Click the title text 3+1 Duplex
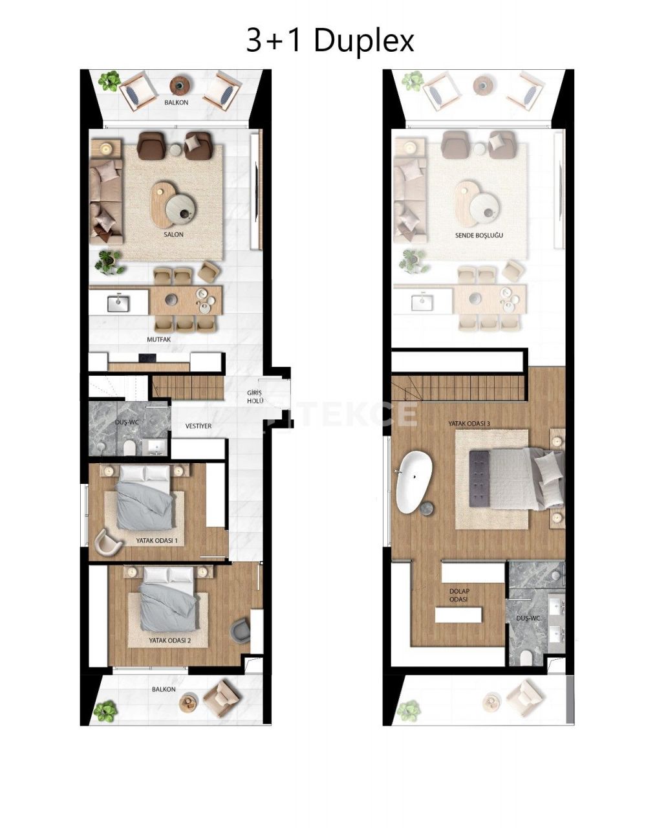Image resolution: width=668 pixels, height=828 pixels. point(330,41)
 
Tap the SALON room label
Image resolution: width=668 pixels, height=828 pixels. point(173,235)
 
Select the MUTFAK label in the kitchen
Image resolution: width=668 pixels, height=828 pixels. point(159,338)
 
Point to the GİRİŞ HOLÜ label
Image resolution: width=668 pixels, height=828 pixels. point(255,397)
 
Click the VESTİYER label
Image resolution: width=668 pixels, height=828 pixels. point(198,426)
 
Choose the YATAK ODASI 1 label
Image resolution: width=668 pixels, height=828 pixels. point(156,540)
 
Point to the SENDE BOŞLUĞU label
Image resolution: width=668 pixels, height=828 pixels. point(479,235)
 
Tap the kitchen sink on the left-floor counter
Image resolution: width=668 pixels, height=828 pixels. point(120,301)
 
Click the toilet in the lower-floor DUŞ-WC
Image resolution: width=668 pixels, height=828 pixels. point(129,448)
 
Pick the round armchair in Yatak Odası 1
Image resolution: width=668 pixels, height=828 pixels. point(107,542)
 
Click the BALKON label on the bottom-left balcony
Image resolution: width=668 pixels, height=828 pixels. point(164,690)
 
